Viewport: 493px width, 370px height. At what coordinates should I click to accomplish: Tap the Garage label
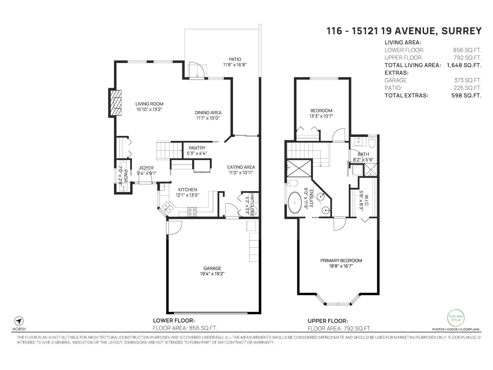(x=212, y=268)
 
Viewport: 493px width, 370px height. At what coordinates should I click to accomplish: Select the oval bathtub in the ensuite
(x=295, y=203)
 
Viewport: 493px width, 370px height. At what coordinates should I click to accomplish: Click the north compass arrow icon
(x=19, y=321)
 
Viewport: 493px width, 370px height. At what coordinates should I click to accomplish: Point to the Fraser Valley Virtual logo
(x=455, y=318)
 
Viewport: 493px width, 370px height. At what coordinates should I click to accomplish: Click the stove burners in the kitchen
(x=192, y=211)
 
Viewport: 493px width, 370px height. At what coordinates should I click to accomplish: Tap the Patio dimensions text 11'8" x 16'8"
(x=235, y=65)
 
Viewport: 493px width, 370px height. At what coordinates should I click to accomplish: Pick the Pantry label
(x=197, y=148)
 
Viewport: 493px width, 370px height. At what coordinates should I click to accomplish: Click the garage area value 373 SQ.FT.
(x=467, y=80)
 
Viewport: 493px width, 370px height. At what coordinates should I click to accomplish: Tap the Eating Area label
(x=241, y=167)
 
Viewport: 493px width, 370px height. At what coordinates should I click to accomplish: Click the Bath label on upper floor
(x=363, y=154)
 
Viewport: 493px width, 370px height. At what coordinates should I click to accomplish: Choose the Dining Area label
(x=208, y=113)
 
